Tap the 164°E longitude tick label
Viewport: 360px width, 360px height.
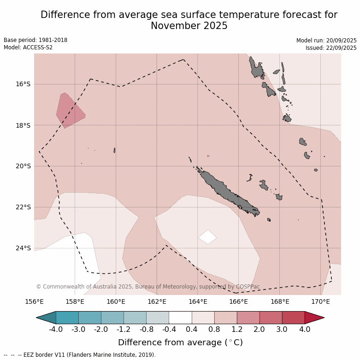(x=198, y=302)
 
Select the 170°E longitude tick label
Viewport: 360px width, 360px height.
(x=320, y=302)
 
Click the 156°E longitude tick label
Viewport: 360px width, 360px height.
(x=34, y=302)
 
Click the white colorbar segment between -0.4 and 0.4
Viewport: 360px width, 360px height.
(x=180, y=318)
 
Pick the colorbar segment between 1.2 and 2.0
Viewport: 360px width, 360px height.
(x=248, y=318)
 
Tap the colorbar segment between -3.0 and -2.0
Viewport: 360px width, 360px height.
(x=90, y=318)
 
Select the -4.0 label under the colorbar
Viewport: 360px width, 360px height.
(x=56, y=329)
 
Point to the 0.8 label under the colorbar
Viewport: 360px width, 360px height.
(x=214, y=329)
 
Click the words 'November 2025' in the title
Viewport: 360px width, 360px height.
(x=189, y=26)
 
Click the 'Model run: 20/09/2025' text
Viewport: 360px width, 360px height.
(x=326, y=41)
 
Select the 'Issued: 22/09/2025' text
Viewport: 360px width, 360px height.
(x=330, y=48)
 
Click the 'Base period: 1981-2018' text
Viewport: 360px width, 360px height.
(x=35, y=40)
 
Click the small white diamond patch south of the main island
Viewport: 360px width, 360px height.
(x=207, y=237)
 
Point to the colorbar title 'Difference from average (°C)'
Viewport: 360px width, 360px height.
(x=180, y=342)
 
